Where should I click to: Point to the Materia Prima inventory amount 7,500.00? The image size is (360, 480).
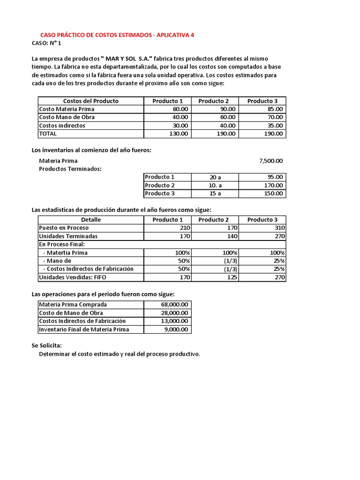(271, 161)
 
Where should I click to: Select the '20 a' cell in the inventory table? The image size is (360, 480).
(215, 177)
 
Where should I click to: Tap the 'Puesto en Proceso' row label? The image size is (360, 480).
(60, 228)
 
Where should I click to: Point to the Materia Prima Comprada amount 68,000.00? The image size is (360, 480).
(173, 305)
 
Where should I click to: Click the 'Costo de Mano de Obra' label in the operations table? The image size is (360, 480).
(71, 313)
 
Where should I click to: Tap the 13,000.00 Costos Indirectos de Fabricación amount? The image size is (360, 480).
(173, 321)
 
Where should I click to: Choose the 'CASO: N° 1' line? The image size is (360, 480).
(46, 43)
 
